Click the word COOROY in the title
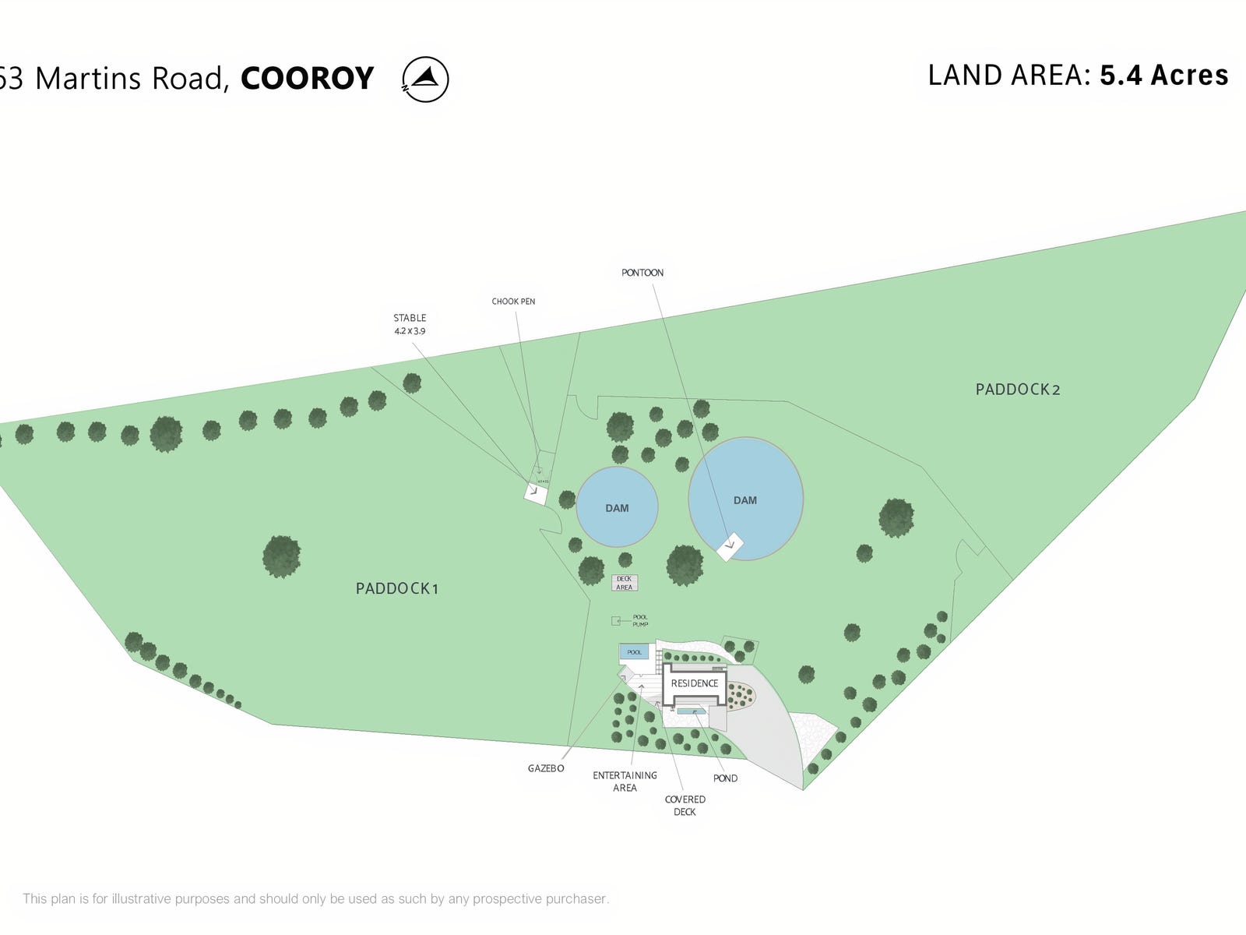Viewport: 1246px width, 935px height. (x=308, y=79)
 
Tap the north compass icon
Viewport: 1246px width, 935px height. (x=425, y=79)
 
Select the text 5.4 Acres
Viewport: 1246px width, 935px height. (x=1163, y=76)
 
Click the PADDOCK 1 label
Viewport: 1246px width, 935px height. (x=397, y=589)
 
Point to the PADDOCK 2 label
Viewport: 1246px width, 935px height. (x=1018, y=390)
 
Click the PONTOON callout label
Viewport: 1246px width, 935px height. (x=642, y=273)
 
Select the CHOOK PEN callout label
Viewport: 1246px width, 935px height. (x=513, y=302)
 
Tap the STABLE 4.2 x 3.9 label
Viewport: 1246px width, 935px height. (x=410, y=324)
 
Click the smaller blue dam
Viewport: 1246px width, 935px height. (x=617, y=507)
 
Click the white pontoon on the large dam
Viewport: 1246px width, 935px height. (x=729, y=547)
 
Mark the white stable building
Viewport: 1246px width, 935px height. (x=536, y=493)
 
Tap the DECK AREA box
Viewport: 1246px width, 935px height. (x=625, y=583)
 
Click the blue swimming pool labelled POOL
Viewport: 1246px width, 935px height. (x=634, y=652)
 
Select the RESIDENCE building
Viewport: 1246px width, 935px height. (x=695, y=684)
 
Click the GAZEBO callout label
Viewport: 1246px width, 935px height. (x=546, y=768)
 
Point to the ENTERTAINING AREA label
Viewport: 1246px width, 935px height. (x=625, y=782)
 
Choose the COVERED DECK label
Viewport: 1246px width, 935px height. (x=685, y=806)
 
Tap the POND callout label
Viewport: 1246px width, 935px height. (x=725, y=778)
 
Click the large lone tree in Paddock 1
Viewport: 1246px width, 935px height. (x=281, y=556)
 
